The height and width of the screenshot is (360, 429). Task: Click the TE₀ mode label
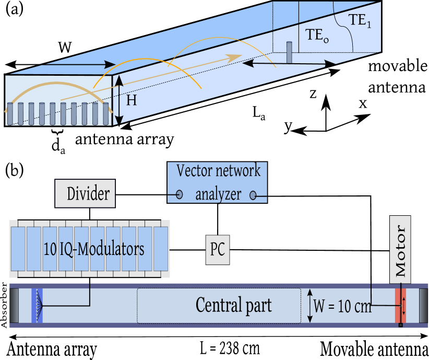tap(317, 35)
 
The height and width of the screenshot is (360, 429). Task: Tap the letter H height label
tap(132, 100)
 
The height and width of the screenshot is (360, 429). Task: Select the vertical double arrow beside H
tap(120, 99)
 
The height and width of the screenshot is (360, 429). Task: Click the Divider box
tap(86, 194)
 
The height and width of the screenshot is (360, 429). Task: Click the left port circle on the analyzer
tap(179, 195)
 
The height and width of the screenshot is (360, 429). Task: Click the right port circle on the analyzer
tap(253, 195)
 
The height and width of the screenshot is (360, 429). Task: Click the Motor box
tap(400, 250)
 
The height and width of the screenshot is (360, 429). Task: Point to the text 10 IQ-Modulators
tap(94, 249)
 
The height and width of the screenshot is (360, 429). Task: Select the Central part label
tap(233, 305)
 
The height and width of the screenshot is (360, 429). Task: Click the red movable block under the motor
tap(400, 306)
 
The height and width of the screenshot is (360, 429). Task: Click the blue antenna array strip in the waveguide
tap(35, 306)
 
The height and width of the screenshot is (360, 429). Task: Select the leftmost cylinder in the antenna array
tap(9, 113)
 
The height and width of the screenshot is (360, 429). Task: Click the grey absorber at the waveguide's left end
tap(16, 306)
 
